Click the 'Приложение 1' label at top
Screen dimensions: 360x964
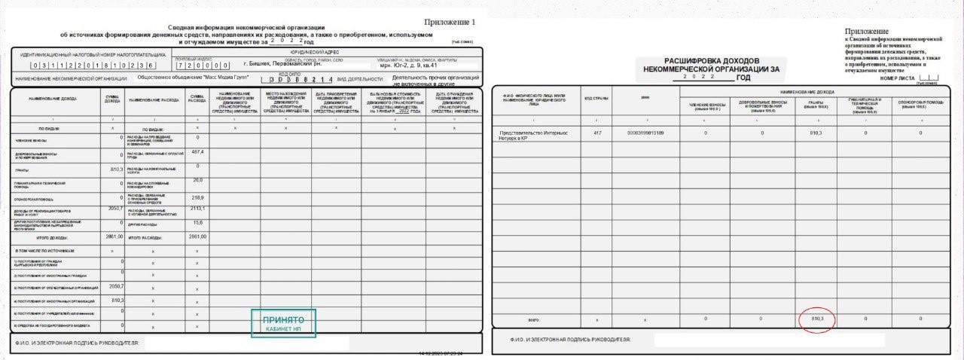(x=450, y=22)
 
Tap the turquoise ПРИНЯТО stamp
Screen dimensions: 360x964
(x=283, y=323)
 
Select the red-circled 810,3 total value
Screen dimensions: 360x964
(x=817, y=319)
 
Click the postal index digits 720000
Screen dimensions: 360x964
(x=202, y=66)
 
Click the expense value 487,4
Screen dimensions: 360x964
(x=198, y=152)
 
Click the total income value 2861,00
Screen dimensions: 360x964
(x=113, y=236)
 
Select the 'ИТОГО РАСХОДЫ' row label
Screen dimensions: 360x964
(x=150, y=237)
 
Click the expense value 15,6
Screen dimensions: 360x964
(x=198, y=223)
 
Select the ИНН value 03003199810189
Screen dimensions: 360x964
(x=646, y=133)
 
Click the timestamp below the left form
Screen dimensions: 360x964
(x=441, y=352)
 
